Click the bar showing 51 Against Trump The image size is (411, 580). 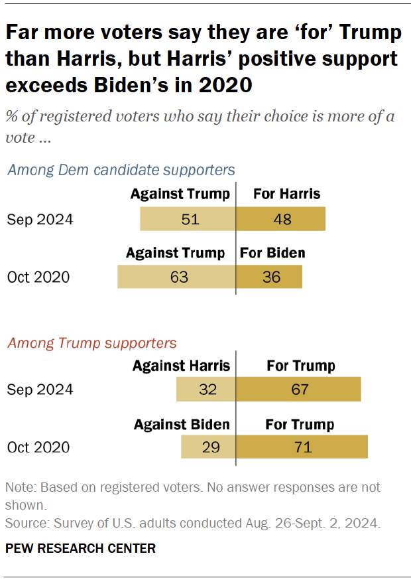pos(188,219)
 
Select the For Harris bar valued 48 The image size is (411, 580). pos(280,219)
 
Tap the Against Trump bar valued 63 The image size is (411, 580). pos(176,277)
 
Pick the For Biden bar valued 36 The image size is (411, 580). pos(269,277)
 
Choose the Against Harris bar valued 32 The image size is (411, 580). pos(206,390)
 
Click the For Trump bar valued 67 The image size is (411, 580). pos(298,390)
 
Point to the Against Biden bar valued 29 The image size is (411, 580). pos(208,447)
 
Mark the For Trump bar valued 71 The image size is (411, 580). pos(302,447)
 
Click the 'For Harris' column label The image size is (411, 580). pos(286,194)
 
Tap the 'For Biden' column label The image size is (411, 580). pos(272,253)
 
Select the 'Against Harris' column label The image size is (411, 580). pos(181,366)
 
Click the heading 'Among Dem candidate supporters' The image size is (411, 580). pos(121,170)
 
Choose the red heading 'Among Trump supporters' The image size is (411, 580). pos(91,343)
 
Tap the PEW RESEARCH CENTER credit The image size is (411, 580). pos(80,548)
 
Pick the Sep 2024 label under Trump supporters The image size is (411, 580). pos(40,390)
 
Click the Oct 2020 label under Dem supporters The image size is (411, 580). pos(38,277)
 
